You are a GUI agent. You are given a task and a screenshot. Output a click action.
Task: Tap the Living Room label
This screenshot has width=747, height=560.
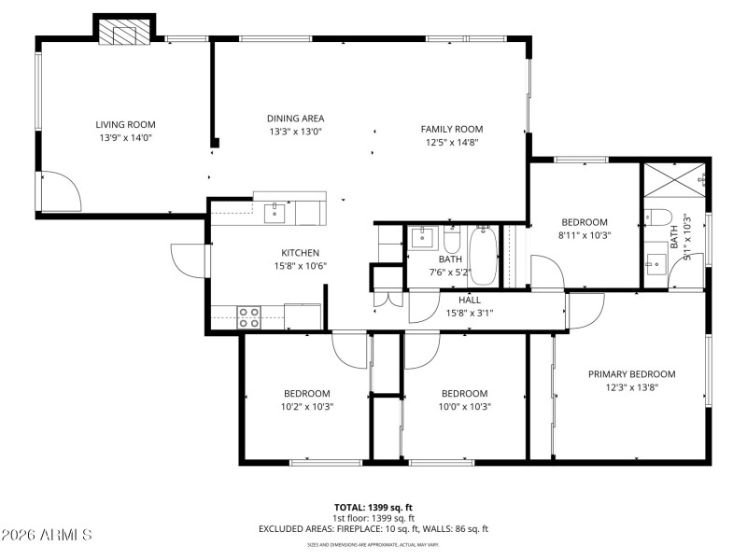click(125, 124)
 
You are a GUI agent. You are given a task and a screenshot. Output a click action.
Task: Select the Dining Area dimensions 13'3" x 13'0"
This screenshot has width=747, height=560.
click(295, 132)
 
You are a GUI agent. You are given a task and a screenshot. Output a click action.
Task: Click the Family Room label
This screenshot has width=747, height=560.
click(451, 129)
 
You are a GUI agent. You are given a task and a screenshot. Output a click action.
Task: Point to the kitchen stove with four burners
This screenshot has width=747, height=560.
click(249, 317)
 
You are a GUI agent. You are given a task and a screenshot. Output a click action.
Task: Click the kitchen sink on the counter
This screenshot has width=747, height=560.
click(275, 212)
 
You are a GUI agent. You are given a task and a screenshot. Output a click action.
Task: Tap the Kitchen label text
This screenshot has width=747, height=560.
click(301, 253)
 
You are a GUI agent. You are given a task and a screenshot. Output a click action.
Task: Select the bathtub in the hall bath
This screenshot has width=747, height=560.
click(482, 254)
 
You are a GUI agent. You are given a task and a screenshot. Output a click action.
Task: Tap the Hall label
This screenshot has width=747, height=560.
click(469, 300)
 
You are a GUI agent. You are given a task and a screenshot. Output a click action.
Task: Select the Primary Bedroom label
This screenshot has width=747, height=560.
click(631, 374)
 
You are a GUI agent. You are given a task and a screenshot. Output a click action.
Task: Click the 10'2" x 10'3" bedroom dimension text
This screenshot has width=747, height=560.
click(307, 406)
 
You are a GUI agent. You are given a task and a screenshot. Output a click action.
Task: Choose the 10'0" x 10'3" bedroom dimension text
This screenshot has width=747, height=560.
click(464, 406)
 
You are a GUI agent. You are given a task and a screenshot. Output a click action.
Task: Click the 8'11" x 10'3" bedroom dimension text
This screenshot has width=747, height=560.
click(584, 235)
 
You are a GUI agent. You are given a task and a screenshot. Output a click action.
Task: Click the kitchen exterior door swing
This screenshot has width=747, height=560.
click(190, 259)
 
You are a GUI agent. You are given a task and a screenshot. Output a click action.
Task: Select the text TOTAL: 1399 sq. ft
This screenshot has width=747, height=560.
click(373, 507)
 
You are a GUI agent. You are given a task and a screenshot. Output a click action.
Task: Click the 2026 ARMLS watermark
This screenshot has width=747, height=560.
click(47, 535)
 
